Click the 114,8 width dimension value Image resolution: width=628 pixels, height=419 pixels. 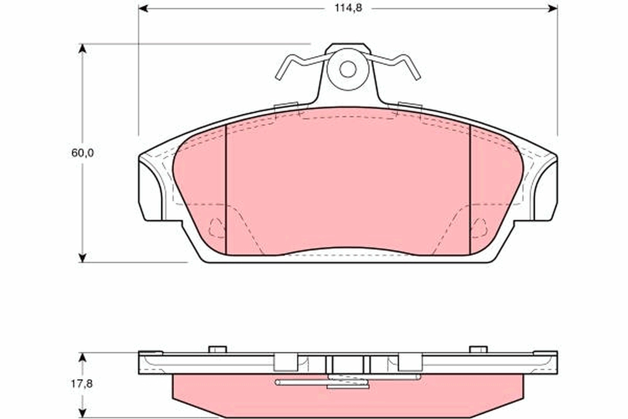(348, 8)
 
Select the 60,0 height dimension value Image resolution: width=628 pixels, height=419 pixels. (82, 153)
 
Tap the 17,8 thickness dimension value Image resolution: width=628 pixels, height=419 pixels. (81, 384)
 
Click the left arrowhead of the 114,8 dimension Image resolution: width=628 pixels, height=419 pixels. (143, 9)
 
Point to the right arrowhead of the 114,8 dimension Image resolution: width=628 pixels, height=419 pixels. (553, 9)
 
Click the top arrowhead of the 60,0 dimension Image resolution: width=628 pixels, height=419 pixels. (82, 49)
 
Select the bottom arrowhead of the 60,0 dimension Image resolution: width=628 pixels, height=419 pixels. (82, 258)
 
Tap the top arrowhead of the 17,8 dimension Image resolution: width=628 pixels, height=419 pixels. (82, 357)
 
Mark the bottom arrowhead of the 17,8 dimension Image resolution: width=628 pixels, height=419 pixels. (82, 413)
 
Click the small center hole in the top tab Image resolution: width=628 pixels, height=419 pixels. (347, 69)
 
